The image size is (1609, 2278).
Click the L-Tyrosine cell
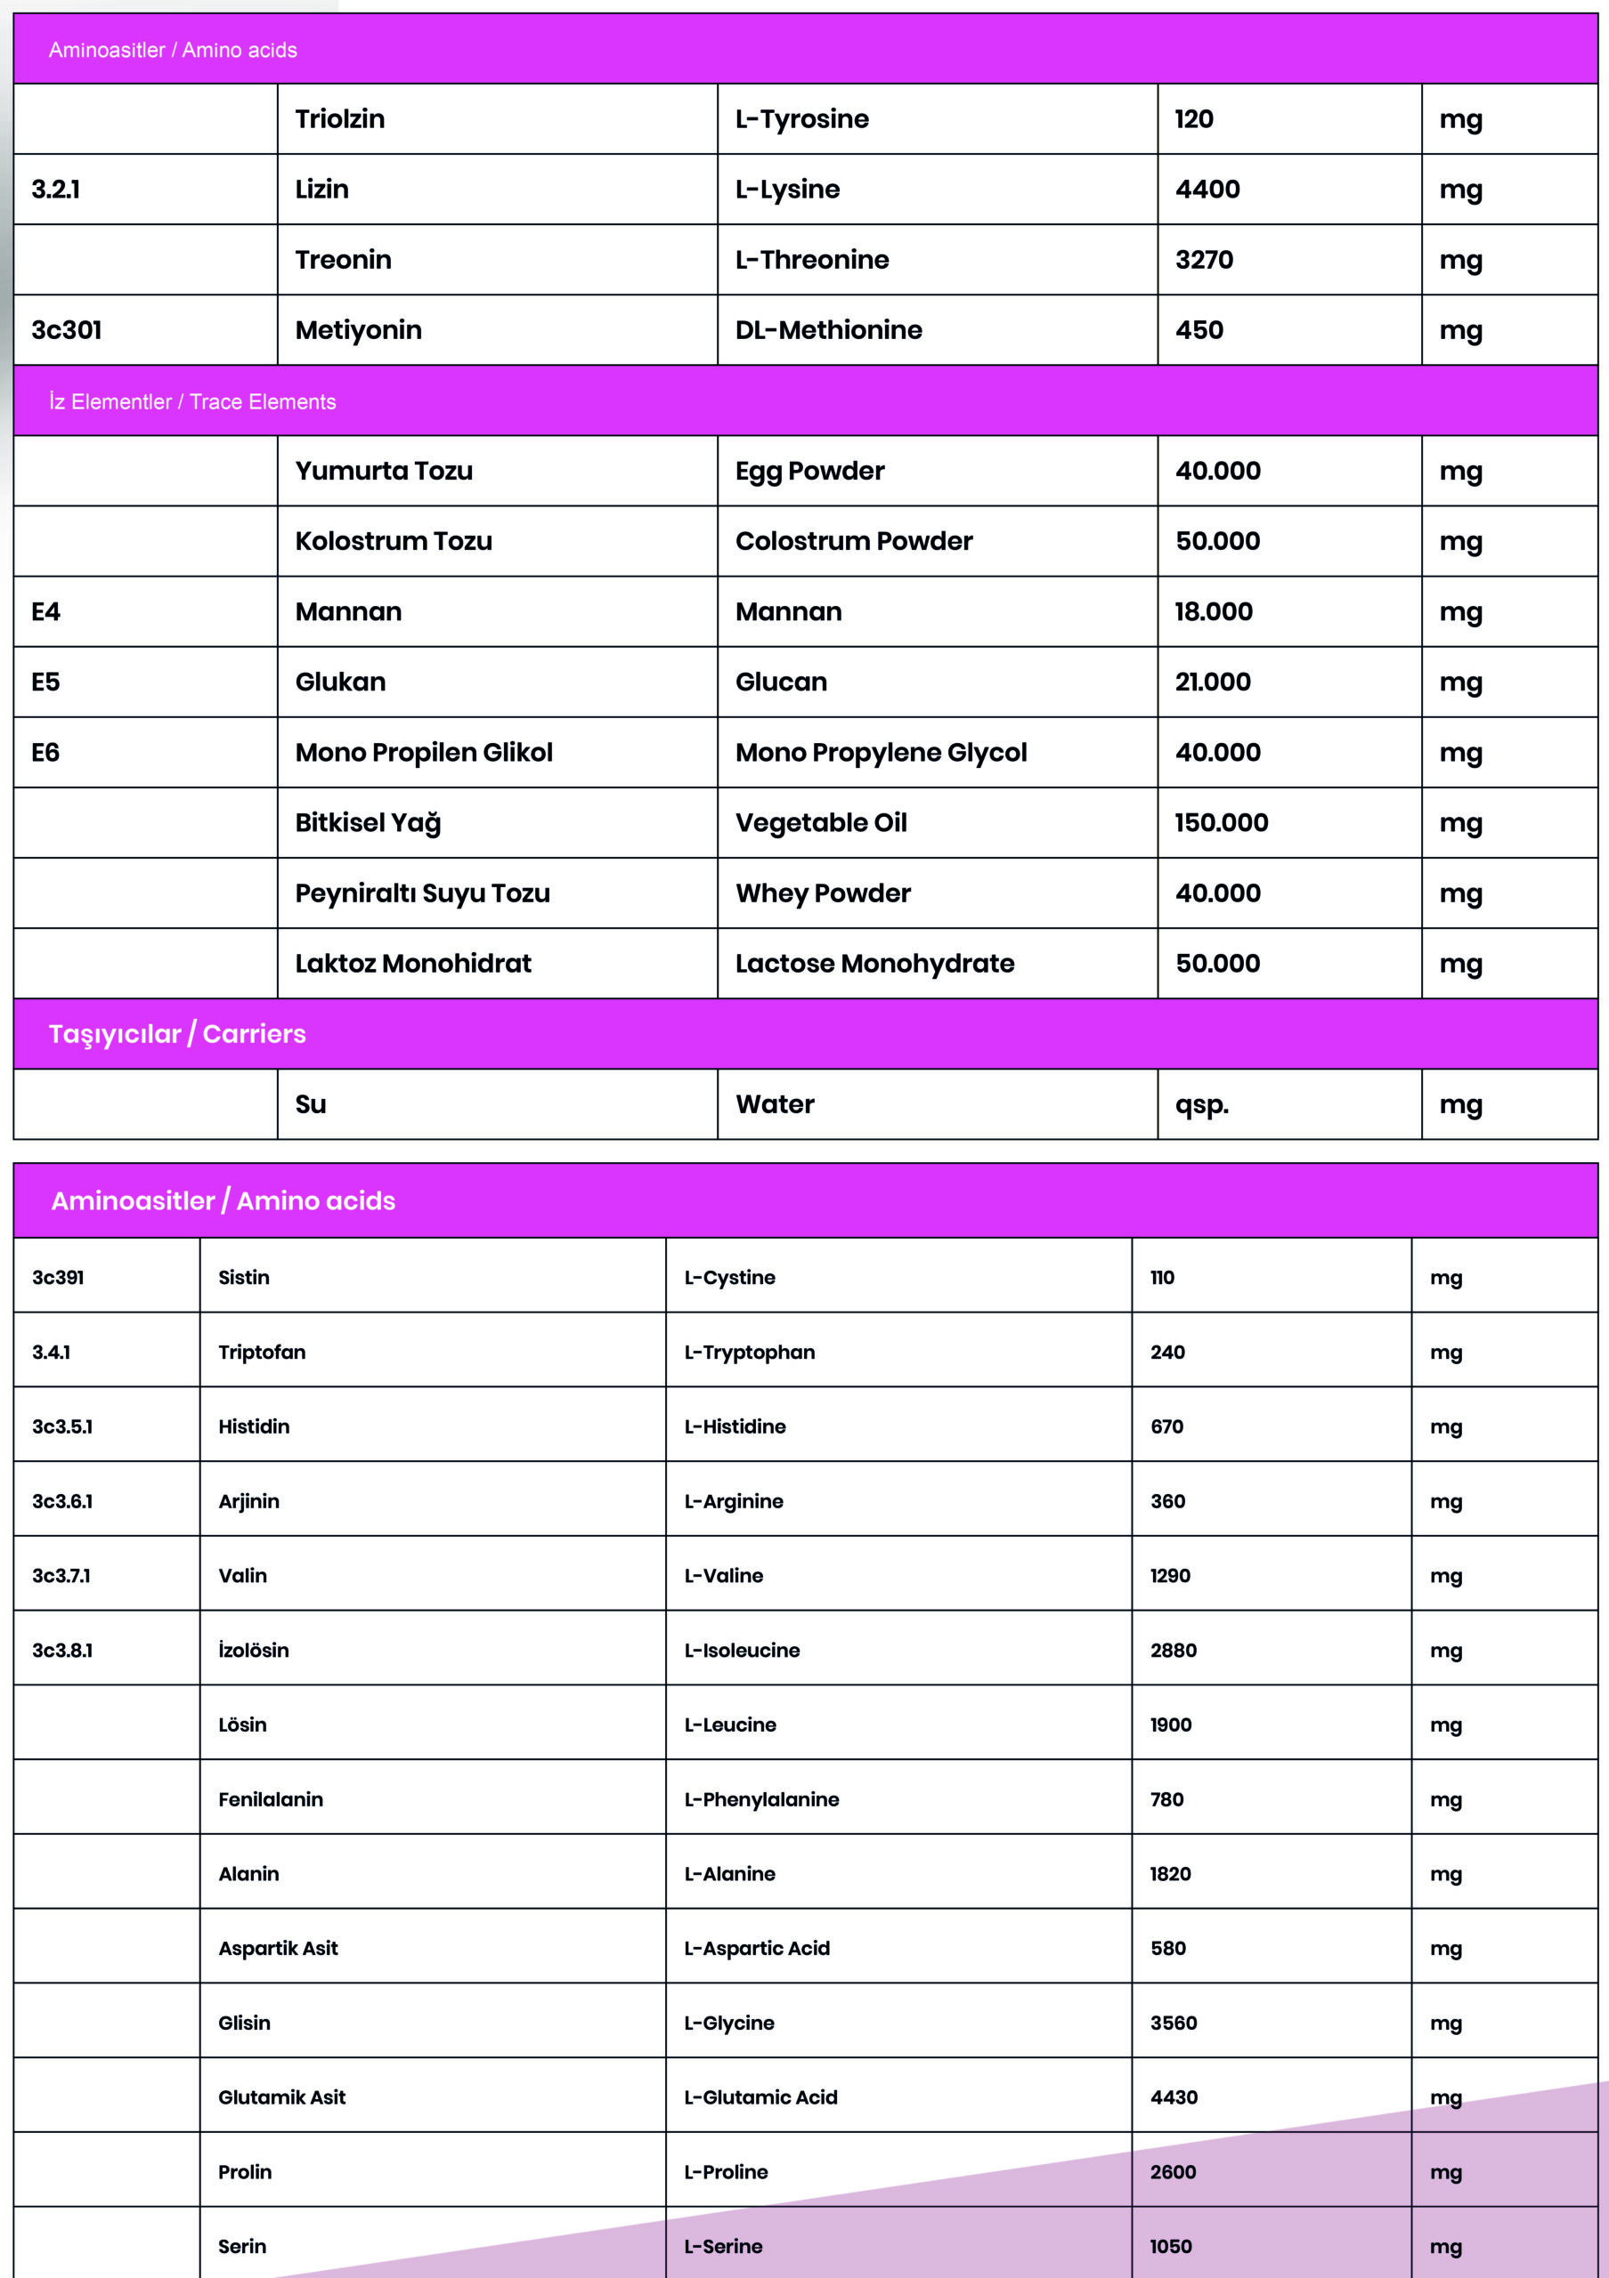pos(802,119)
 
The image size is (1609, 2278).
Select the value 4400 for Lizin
pos(1207,190)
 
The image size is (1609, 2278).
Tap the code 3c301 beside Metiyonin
pos(67,330)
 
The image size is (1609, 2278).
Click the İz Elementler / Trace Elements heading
pos(192,402)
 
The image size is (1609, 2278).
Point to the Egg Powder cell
pos(810,472)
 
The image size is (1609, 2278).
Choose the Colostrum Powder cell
pos(854,542)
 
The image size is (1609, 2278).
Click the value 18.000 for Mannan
pos(1213,612)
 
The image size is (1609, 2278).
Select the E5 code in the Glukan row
pos(45,683)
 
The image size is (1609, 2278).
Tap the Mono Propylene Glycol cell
pos(881,753)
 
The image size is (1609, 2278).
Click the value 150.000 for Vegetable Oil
pos(1221,823)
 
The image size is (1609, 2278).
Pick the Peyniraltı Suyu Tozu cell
pos(422,894)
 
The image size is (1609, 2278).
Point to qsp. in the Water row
pos(1202,1105)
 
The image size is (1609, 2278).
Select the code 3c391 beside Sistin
pos(58,1278)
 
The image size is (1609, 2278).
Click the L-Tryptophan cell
pos(750,1353)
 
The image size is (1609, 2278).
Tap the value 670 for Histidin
pos(1166,1426)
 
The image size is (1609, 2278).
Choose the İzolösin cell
pos(253,1650)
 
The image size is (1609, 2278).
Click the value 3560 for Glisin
pos(1174,2023)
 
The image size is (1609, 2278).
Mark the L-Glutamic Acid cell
pos(760,2097)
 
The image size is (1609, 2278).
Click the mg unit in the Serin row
pos(1445,2246)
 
